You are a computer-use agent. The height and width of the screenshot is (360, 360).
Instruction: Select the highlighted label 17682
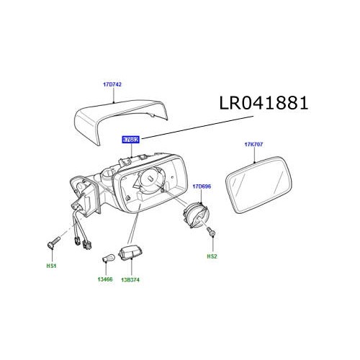[x=130, y=138]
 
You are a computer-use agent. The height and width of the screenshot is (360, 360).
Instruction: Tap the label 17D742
[x=112, y=85]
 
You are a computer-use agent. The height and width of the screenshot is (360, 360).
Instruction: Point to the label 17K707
[x=254, y=145]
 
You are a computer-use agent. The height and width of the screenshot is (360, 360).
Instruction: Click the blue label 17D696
[x=202, y=186]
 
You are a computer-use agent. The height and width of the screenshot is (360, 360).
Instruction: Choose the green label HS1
[x=51, y=266]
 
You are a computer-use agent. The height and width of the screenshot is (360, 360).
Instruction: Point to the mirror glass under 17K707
[x=258, y=183]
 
